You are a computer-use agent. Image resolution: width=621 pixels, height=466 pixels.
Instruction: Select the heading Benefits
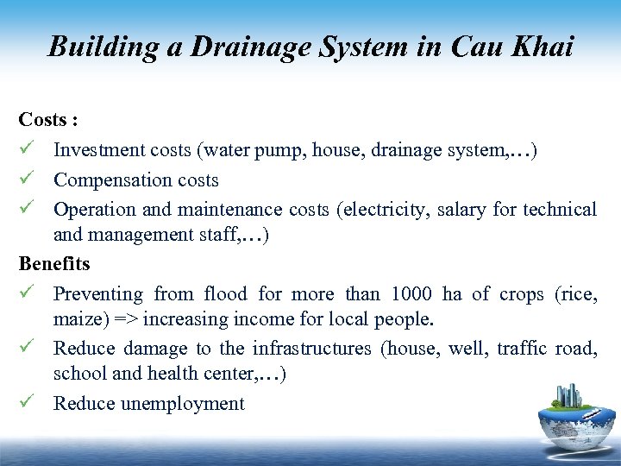(54, 263)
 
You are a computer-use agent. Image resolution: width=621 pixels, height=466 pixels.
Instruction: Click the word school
(77, 375)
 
